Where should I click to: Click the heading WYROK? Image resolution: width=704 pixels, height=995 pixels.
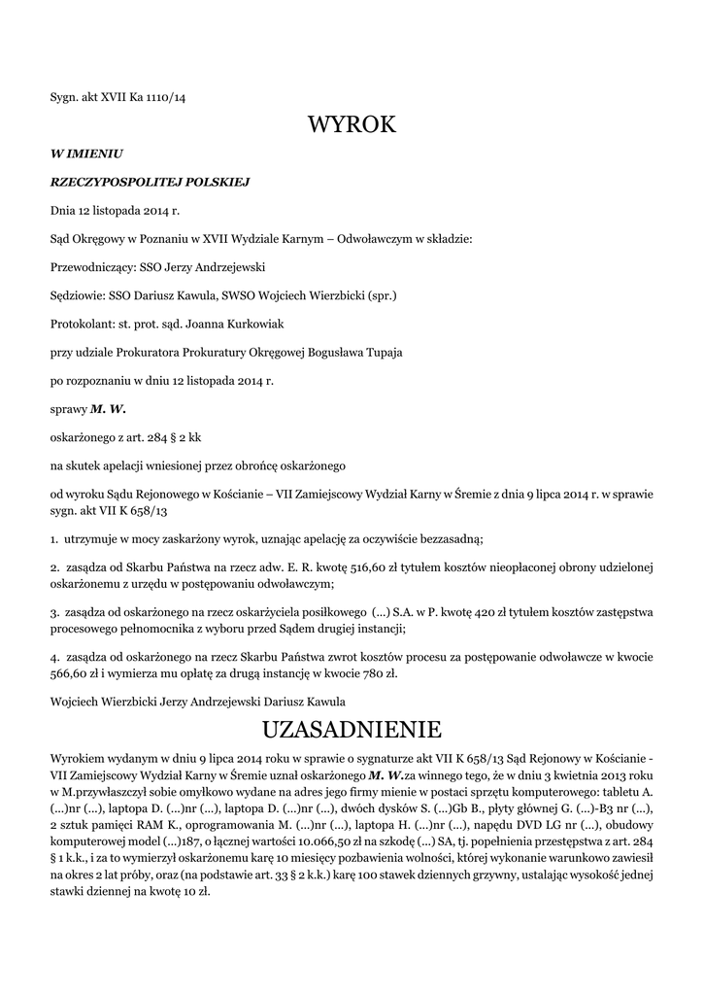pyautogui.click(x=352, y=124)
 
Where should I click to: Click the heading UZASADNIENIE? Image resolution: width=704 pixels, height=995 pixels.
pyautogui.click(x=352, y=729)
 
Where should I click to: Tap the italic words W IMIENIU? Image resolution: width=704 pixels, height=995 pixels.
pyautogui.click(x=86, y=153)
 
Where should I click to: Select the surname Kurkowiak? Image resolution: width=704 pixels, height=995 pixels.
pyautogui.click(x=249, y=324)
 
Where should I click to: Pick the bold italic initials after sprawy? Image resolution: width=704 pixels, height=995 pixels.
pyautogui.click(x=109, y=408)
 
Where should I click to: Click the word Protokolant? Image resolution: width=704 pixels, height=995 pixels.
pyautogui.click(x=82, y=324)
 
